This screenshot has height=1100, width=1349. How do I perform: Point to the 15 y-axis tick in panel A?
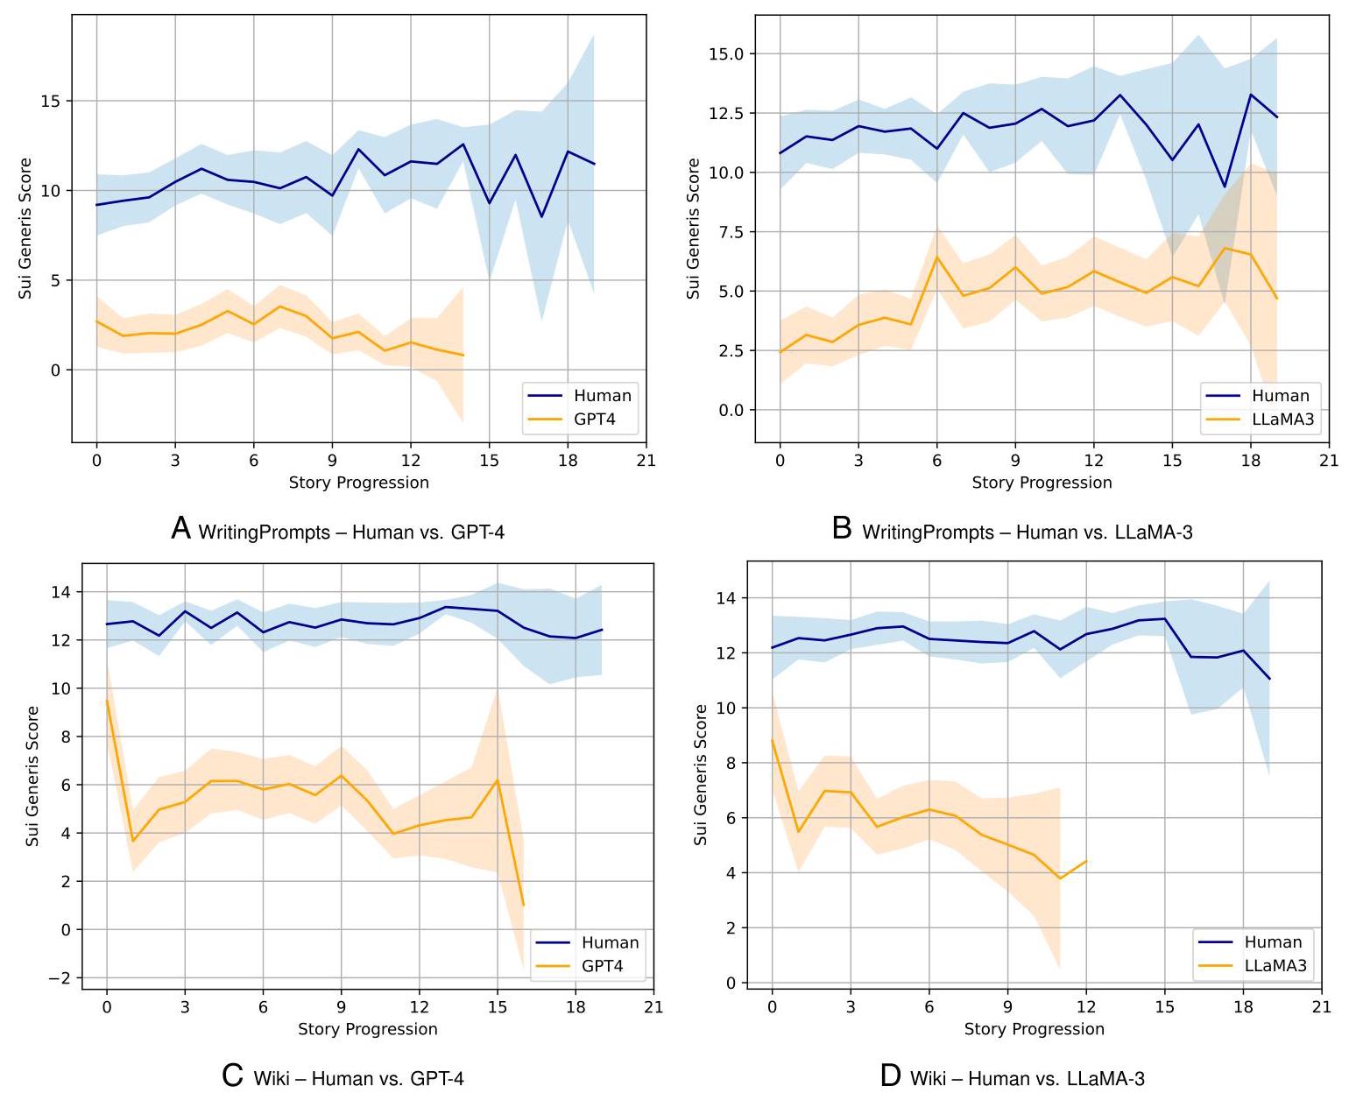(x=50, y=101)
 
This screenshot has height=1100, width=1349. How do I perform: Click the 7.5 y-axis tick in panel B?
(x=725, y=232)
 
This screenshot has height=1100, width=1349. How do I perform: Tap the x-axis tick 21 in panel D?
(x=1322, y=1007)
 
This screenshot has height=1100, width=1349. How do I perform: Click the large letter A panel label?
(x=180, y=529)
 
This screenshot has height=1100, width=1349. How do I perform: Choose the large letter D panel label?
(x=890, y=1075)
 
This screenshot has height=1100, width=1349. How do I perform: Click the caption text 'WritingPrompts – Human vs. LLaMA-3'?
(x=1027, y=532)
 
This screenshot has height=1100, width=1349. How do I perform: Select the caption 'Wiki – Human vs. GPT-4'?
(x=358, y=1078)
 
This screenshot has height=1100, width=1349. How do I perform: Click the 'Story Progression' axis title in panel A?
(x=358, y=483)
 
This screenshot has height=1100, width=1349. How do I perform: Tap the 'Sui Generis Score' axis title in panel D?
(x=700, y=774)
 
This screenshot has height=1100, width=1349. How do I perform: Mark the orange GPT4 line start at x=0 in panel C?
(x=107, y=701)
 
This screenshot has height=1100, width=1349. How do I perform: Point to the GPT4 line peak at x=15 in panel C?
(x=498, y=779)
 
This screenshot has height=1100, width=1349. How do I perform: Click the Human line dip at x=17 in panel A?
(x=541, y=216)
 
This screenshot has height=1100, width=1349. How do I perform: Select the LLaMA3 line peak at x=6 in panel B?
(x=936, y=257)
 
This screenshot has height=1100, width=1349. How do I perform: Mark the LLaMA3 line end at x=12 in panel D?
(x=1086, y=861)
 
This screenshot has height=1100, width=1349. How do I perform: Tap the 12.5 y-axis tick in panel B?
(x=725, y=113)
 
